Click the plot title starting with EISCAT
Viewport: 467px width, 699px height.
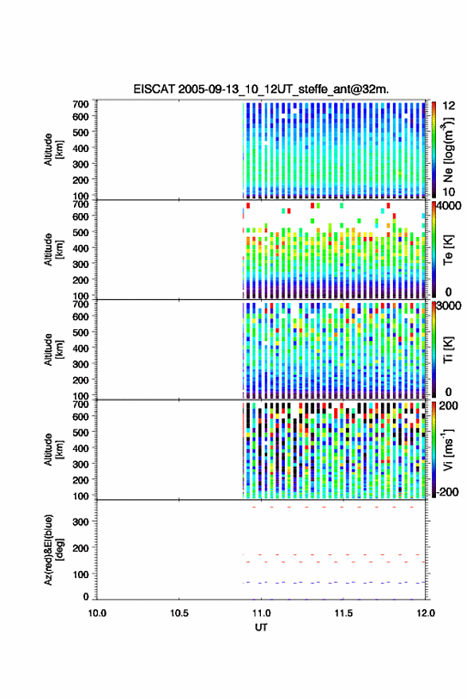261,89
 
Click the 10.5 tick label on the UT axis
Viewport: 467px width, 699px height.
179,613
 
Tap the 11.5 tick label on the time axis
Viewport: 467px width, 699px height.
343,613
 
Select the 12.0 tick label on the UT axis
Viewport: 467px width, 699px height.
425,613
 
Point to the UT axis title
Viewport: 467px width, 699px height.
261,627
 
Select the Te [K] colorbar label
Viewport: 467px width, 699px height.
448,250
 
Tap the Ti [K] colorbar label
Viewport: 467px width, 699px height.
448,350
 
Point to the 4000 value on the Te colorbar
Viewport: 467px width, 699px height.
449,207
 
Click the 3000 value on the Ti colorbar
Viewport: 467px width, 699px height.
449,306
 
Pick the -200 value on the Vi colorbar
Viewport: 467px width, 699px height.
447,491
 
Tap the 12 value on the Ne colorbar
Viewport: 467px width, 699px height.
449,106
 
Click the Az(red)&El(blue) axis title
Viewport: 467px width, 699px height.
53,549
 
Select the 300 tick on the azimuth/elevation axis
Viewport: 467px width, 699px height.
80,522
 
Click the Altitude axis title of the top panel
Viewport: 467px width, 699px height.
53,150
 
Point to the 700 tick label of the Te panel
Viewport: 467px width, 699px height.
80,204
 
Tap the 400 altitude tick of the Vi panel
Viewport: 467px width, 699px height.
80,448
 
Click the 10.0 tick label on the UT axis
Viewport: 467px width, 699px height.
97,613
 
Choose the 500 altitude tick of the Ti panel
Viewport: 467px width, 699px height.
80,332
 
